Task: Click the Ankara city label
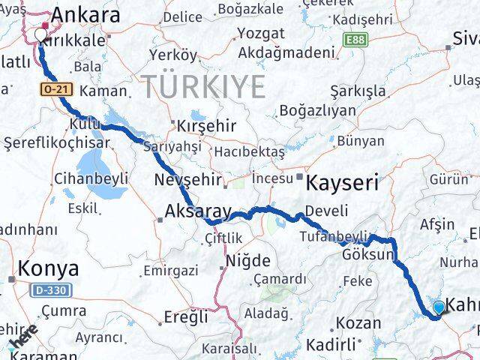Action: pos(85,15)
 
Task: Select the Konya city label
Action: pos(48,268)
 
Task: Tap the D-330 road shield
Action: pos(47,289)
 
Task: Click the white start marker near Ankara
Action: pos(40,33)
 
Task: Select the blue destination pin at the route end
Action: pos(439,305)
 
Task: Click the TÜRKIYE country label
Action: pos(205,88)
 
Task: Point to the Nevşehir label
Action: pos(187,180)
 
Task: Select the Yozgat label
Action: pos(260,34)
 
